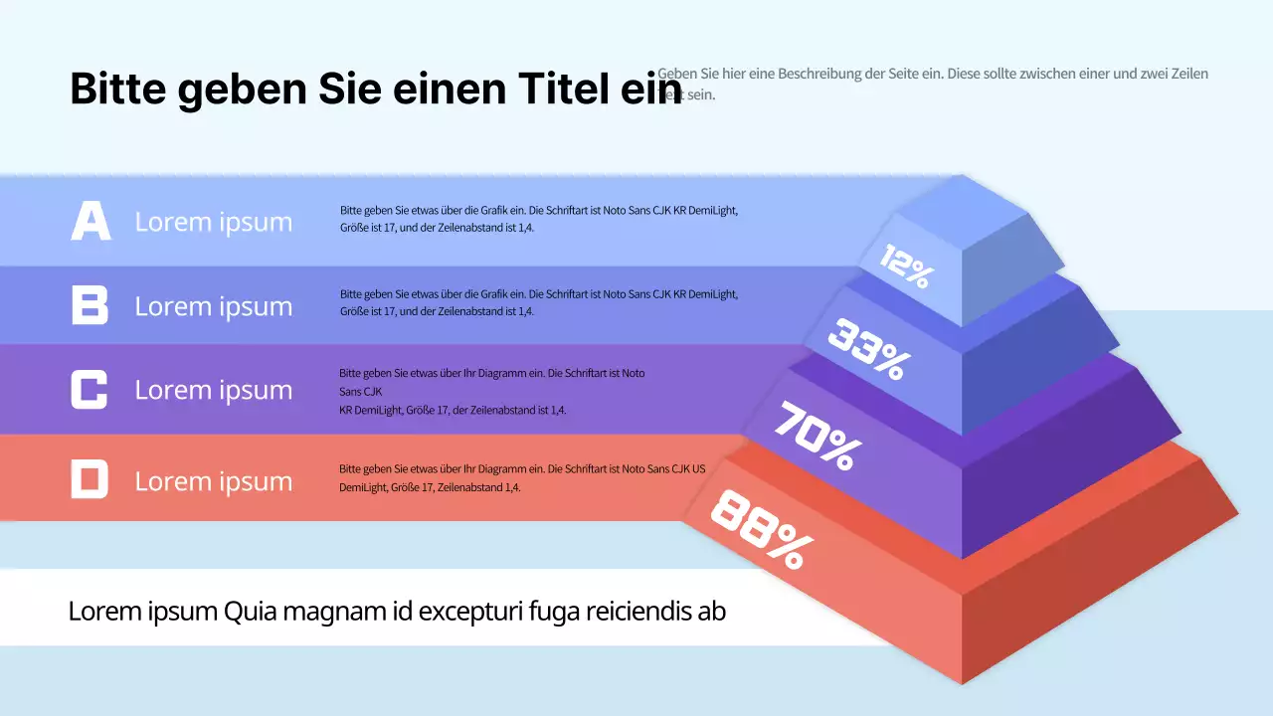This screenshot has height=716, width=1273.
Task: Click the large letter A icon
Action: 91,221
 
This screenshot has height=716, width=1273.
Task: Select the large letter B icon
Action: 90,304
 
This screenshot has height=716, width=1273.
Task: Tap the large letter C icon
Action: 89,389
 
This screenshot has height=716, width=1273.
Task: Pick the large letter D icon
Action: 89,479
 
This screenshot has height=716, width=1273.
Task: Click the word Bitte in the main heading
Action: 117,89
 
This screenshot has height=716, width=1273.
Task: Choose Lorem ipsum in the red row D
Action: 214,481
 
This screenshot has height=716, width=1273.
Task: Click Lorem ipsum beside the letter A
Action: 214,222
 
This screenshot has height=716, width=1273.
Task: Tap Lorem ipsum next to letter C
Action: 214,390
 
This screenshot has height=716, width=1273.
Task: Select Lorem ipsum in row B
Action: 214,306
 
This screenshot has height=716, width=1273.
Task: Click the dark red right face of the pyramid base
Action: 1094,587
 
